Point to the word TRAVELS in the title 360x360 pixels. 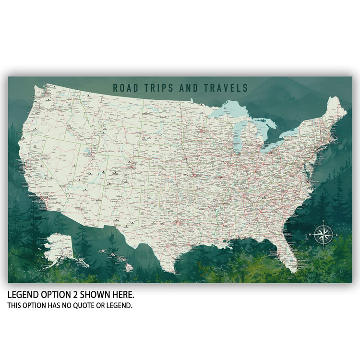tap(226, 88)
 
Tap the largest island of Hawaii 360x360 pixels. tap(129, 266)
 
